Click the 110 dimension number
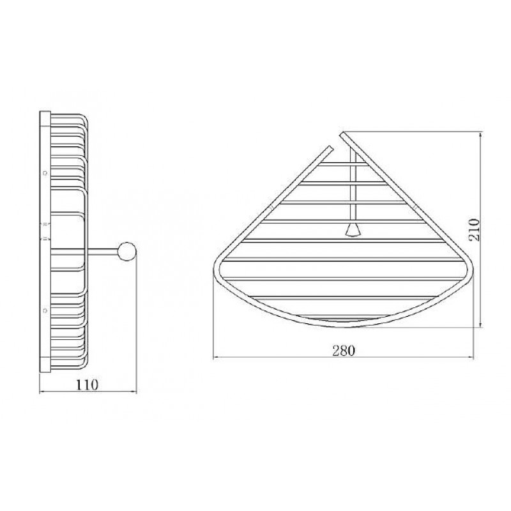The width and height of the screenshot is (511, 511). click(87, 385)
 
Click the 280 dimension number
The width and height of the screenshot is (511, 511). click(344, 351)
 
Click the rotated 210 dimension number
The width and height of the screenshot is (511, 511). click(474, 230)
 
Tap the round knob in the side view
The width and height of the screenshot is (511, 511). click(127, 251)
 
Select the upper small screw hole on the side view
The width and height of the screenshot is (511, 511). click(45, 173)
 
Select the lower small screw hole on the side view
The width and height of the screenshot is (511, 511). click(45, 310)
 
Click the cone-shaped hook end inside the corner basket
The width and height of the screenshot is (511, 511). click(353, 230)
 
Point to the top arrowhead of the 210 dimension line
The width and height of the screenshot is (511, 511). click(481, 134)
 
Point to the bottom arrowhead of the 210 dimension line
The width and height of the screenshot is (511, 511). click(481, 324)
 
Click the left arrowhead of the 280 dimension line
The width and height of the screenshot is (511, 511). click(216, 358)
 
